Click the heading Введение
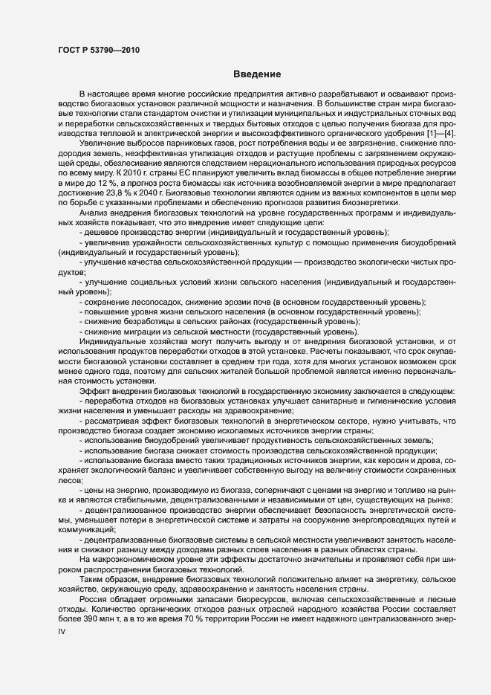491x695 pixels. [256, 74]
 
